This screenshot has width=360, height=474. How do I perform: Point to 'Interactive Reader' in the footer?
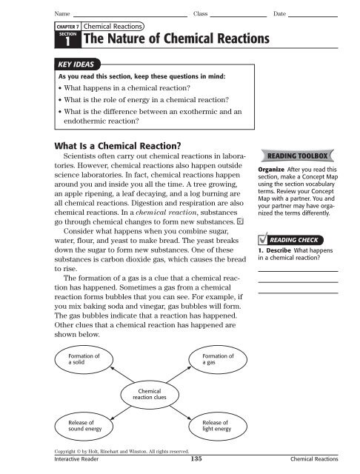coord(70,460)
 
